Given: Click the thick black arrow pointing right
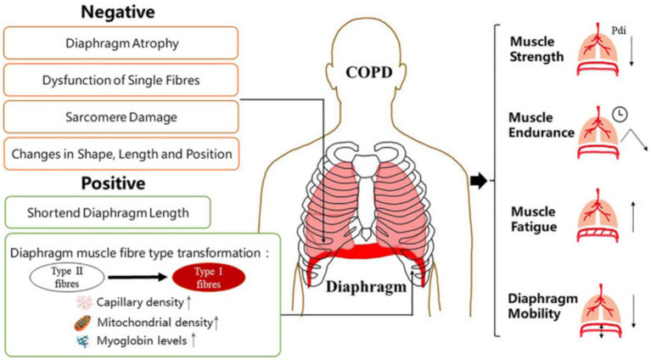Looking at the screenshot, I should [x=480, y=180].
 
